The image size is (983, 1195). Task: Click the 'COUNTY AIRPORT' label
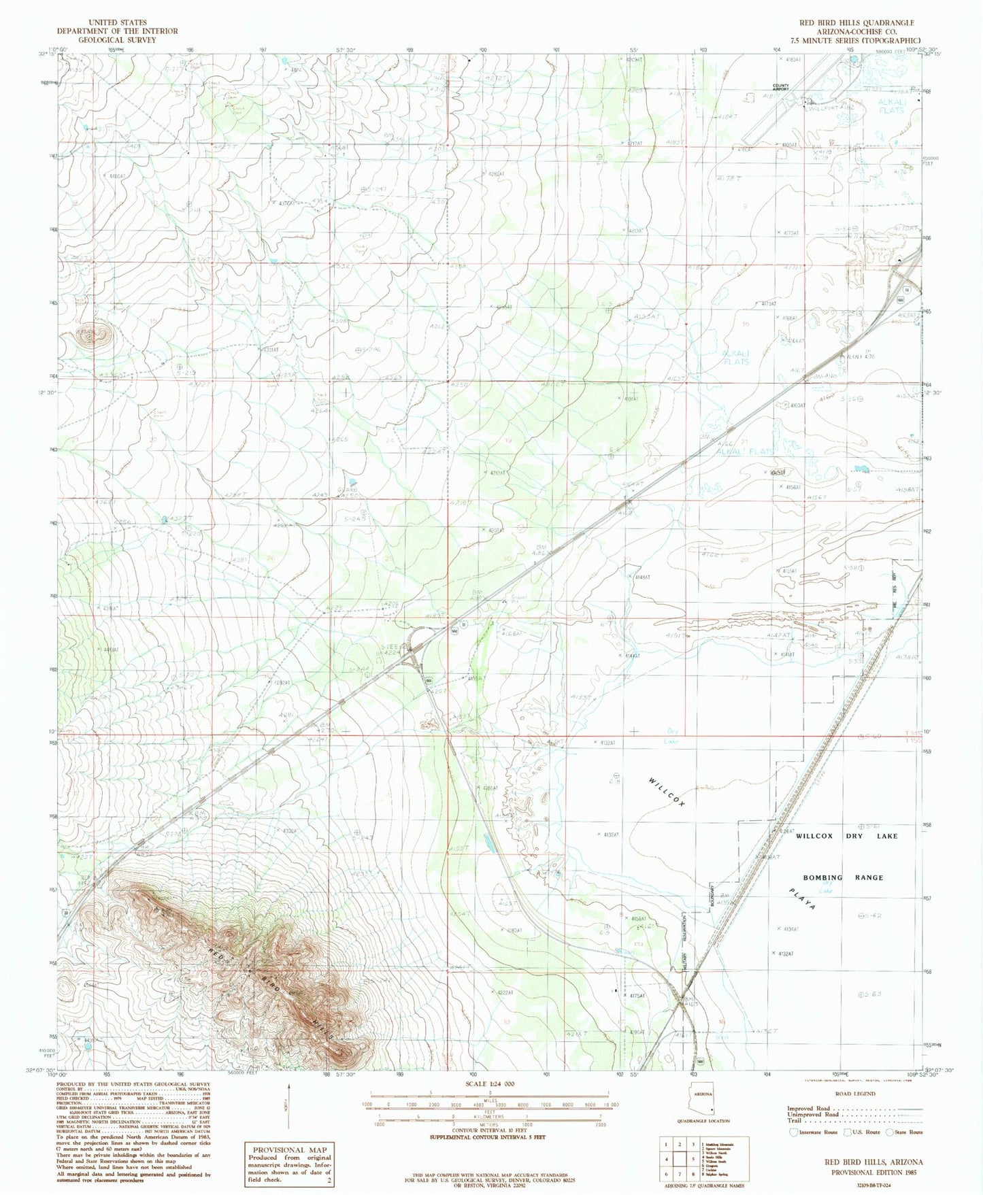(x=780, y=87)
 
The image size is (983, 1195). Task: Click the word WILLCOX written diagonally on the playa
(x=666, y=792)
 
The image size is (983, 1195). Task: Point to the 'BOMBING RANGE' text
(x=842, y=877)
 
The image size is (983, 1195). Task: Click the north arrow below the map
(x=288, y=1107)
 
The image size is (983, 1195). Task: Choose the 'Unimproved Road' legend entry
(x=811, y=1115)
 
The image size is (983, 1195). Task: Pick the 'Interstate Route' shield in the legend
(x=793, y=1132)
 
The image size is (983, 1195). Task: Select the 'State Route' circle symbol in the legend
(x=888, y=1132)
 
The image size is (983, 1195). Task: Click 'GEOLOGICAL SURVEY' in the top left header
(x=117, y=40)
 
